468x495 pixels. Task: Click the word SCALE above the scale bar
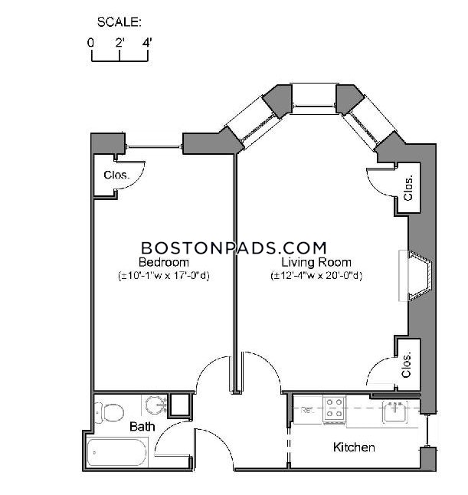[x=119, y=22]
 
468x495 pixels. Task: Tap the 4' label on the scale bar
[x=147, y=42]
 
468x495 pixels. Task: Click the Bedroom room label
[x=164, y=262]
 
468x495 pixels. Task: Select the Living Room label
[x=316, y=262]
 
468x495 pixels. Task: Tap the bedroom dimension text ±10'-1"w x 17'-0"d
[x=164, y=276]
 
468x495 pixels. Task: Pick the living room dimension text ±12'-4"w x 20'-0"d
[x=316, y=276]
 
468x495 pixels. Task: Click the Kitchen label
[x=354, y=447]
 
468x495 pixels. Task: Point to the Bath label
[x=142, y=427]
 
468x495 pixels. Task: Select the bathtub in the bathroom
[x=117, y=452]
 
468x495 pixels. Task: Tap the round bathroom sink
[x=156, y=405]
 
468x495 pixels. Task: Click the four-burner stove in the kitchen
[x=335, y=410]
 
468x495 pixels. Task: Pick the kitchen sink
[x=395, y=411]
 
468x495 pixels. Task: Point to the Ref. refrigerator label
[x=307, y=410]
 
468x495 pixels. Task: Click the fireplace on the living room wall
[x=415, y=275]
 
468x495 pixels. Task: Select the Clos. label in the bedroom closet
[x=116, y=175]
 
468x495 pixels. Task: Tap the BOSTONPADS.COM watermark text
[x=234, y=247]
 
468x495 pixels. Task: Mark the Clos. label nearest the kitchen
[x=407, y=365]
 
